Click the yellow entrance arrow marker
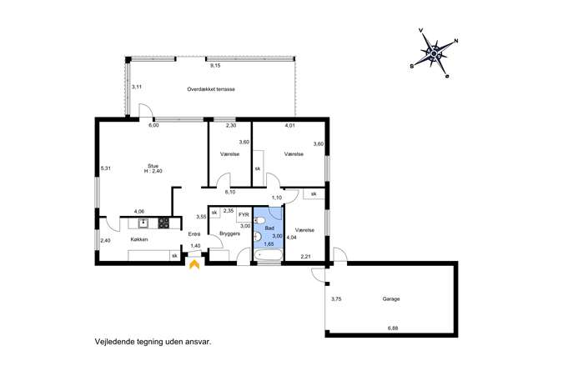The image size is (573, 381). point(194,264)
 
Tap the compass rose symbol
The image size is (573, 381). point(435,53)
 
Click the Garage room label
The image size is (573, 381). point(391,298)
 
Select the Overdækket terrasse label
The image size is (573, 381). point(211,89)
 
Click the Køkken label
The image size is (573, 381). point(139,239)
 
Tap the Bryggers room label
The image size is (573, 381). point(229,233)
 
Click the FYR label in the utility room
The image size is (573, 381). point(244,215)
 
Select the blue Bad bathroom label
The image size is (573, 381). point(269,228)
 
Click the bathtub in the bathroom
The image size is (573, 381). point(269,255)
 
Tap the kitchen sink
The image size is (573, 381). point(144,223)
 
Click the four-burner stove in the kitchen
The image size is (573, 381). point(163,223)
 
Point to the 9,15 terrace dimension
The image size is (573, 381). point(215,66)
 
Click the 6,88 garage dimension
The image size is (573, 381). point(393,328)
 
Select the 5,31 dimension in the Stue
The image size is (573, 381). point(106,168)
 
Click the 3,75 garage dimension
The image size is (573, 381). point(336,298)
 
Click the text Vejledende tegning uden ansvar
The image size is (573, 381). point(153,343)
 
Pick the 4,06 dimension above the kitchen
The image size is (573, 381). point(139,211)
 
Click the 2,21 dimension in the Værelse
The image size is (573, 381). point(305,257)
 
